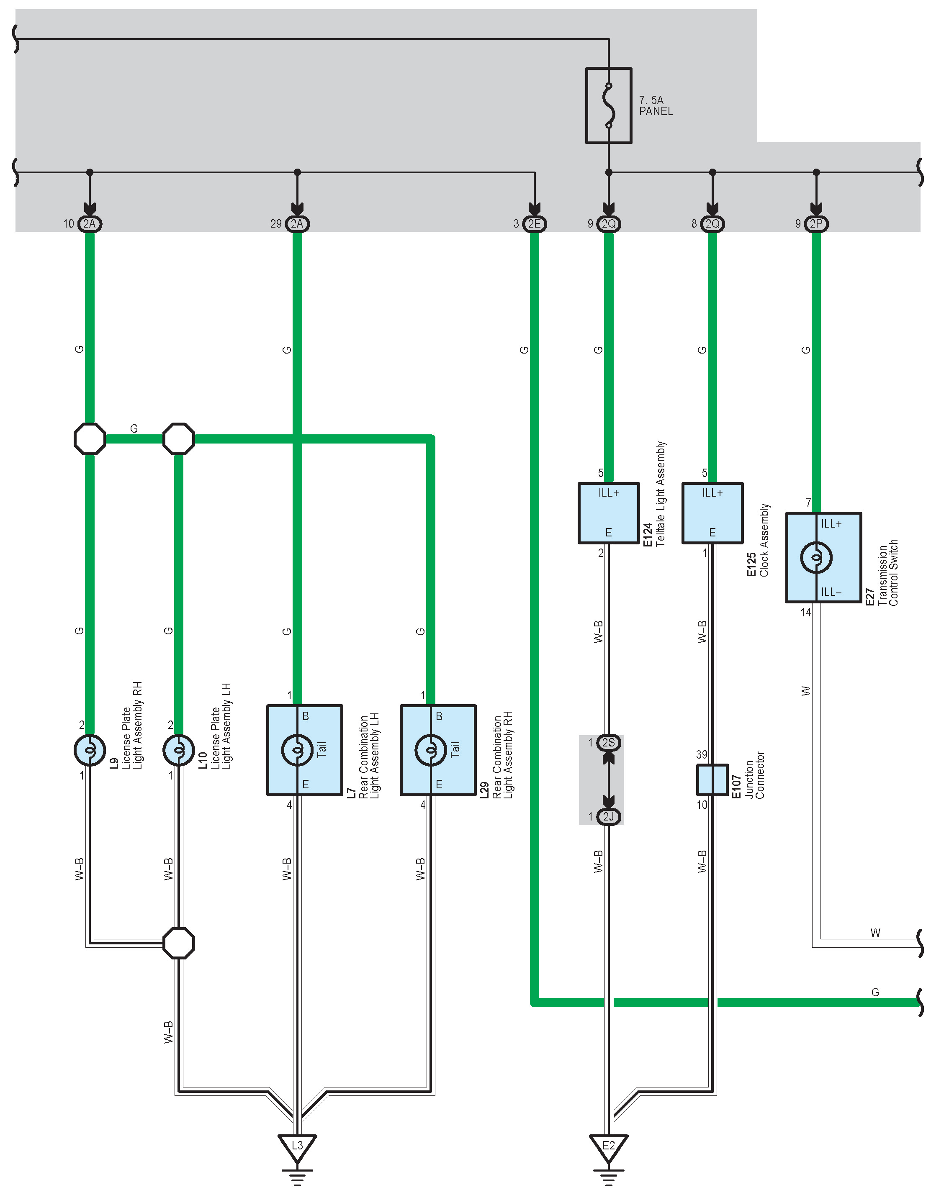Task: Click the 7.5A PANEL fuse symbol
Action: point(608,105)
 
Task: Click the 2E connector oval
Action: point(534,224)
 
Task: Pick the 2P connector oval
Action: point(815,224)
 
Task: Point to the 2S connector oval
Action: point(608,743)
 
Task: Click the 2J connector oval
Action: point(608,816)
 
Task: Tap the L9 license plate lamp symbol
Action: point(90,750)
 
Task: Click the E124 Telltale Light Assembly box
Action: point(608,513)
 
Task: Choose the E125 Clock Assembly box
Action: point(712,513)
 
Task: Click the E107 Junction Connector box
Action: point(712,779)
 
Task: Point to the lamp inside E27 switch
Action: point(815,558)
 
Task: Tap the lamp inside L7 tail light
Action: point(297,750)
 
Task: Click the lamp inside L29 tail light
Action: point(431,750)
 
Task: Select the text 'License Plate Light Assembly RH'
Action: point(132,725)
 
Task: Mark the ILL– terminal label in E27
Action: point(831,592)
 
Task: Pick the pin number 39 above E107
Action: point(702,754)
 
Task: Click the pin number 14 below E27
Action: point(806,612)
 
